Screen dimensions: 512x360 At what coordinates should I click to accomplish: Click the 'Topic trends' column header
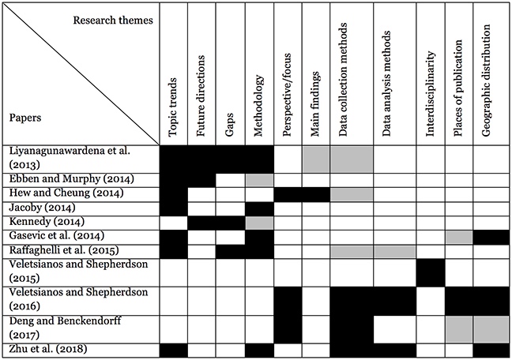click(x=172, y=107)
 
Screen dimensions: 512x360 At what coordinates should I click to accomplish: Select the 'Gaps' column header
click(x=230, y=125)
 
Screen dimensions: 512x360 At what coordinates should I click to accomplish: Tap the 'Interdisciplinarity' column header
click(x=431, y=93)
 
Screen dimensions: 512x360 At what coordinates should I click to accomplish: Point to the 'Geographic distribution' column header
click(x=486, y=81)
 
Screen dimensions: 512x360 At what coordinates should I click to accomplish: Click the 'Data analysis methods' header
click(x=386, y=84)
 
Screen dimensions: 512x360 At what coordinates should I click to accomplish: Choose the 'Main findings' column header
click(x=314, y=104)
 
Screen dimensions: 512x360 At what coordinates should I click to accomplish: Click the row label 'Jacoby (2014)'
click(x=42, y=208)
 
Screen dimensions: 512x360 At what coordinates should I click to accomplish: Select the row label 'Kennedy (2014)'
click(x=47, y=222)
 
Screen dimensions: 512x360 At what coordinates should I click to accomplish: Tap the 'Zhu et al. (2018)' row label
click(x=48, y=349)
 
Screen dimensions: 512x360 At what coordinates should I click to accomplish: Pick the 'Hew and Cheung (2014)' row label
click(x=66, y=193)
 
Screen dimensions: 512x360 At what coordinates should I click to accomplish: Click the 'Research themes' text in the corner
click(x=113, y=21)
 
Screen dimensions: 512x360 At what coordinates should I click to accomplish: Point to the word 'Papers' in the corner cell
click(x=25, y=118)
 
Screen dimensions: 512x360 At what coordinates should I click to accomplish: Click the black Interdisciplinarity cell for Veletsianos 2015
click(x=431, y=272)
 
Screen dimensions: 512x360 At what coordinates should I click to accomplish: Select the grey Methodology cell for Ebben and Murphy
click(x=260, y=180)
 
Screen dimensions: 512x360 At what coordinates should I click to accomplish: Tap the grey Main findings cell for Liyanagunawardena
click(x=316, y=159)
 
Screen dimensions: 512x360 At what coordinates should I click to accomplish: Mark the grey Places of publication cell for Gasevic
click(x=459, y=238)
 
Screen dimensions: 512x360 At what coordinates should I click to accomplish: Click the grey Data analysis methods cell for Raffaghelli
click(x=395, y=252)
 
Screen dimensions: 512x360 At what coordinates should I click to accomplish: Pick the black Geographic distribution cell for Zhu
click(x=492, y=351)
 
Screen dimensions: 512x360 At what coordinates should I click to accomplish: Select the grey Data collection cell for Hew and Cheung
click(x=352, y=194)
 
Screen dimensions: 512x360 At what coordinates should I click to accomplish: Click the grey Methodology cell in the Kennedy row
click(x=260, y=223)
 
